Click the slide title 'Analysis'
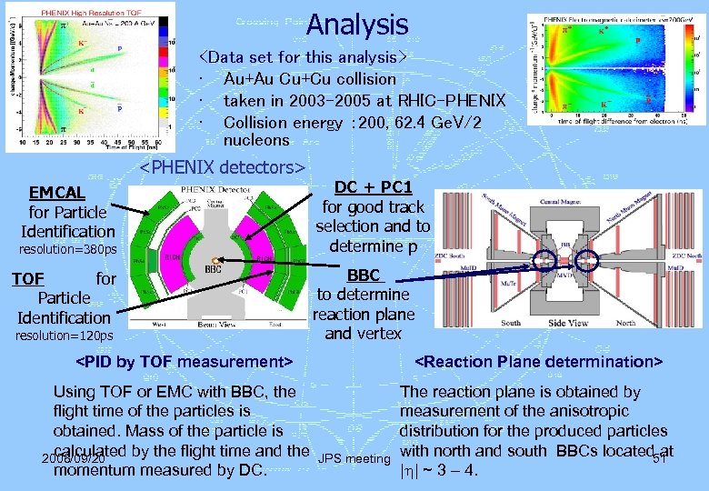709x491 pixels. coord(357,24)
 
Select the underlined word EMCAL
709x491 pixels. coord(57,193)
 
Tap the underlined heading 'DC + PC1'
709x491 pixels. coord(373,186)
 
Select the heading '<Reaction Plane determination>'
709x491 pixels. coord(539,362)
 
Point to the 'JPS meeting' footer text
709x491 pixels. coord(354,459)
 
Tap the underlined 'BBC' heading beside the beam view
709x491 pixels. coord(364,275)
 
